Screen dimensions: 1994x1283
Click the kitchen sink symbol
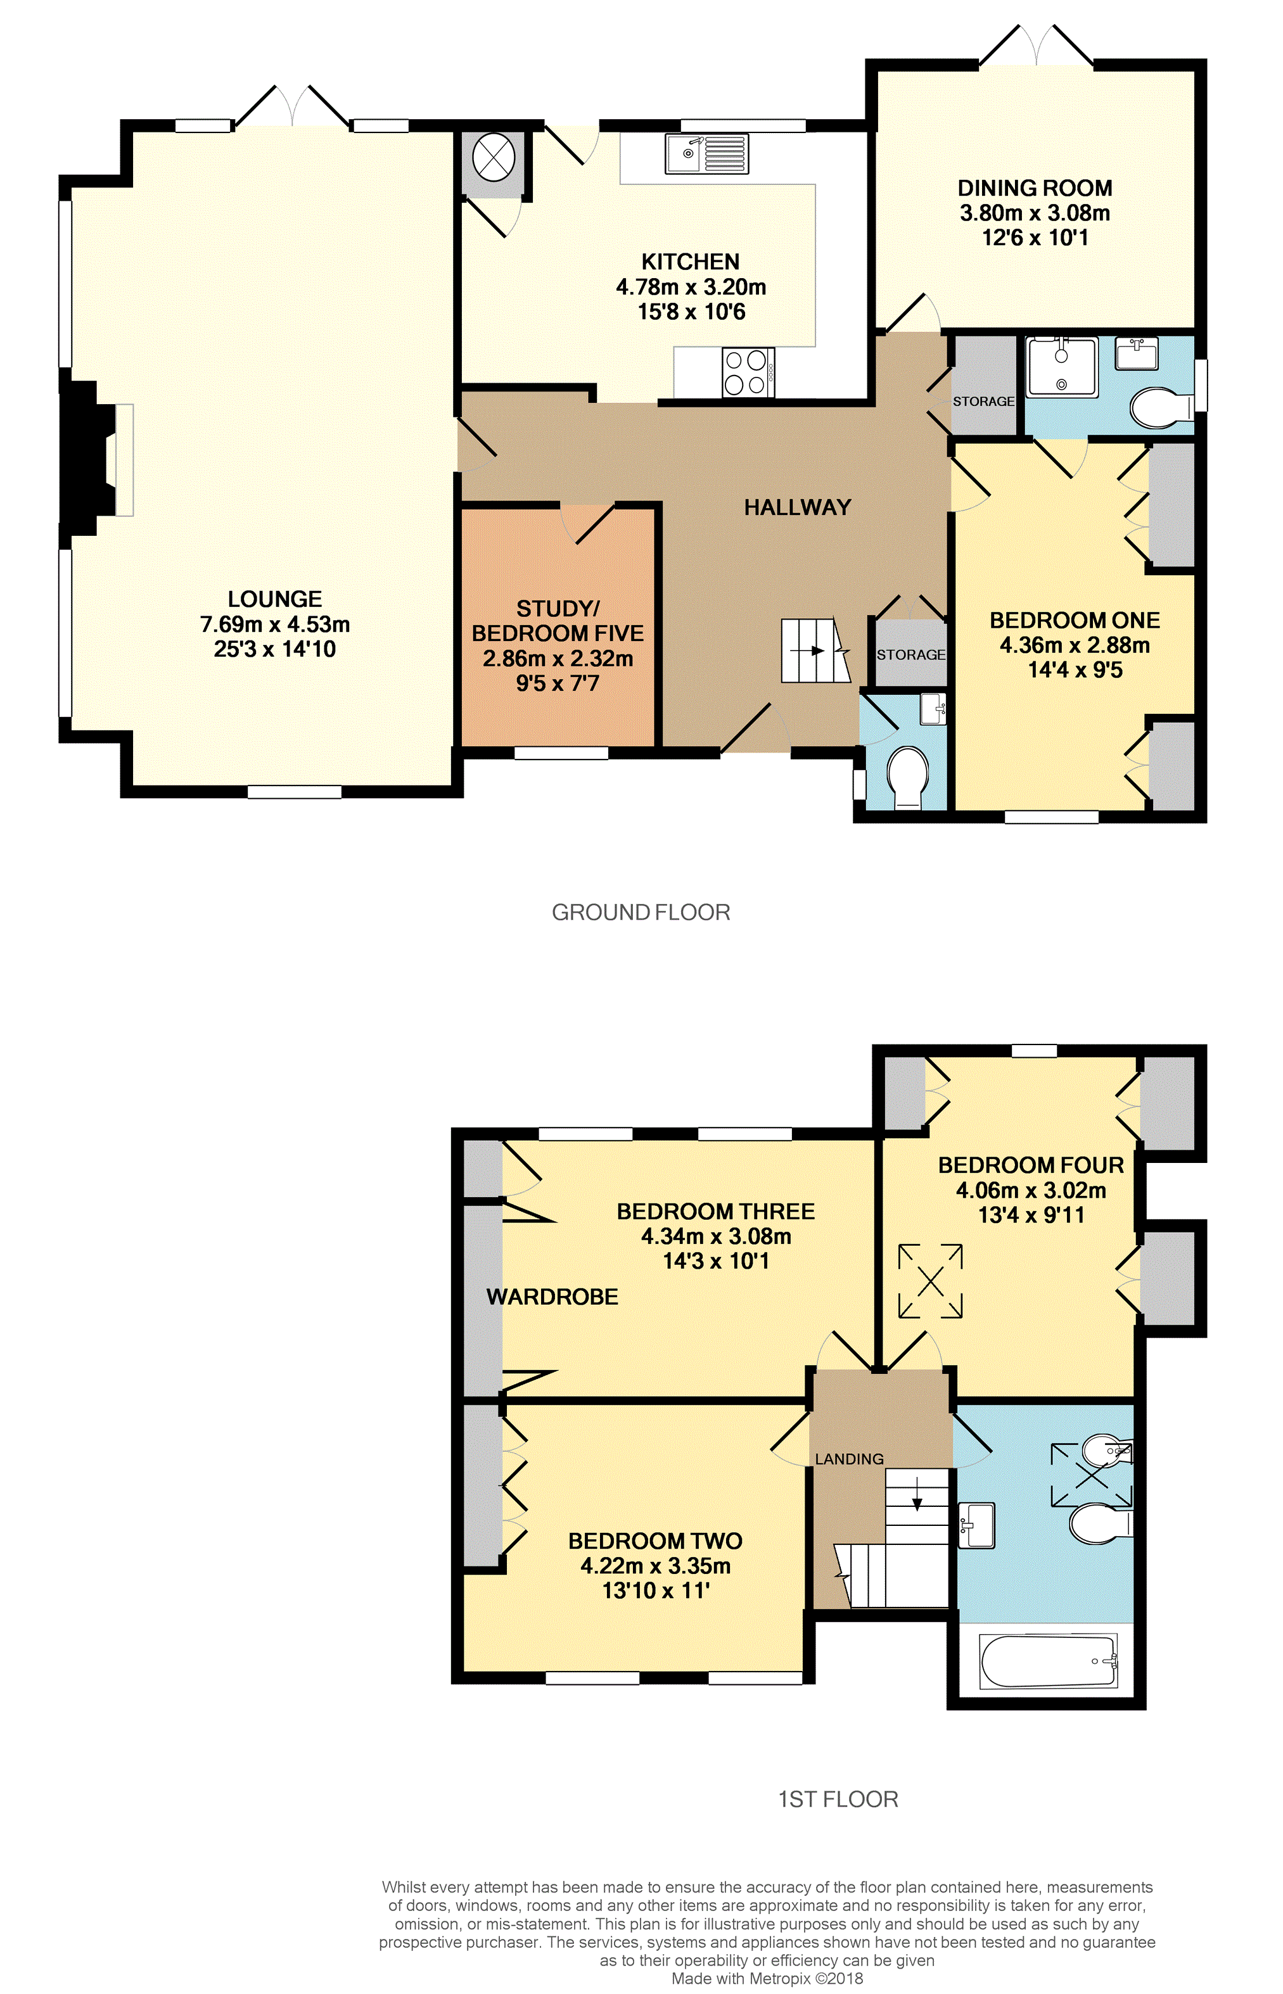pos(706,154)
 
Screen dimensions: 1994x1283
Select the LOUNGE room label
pos(274,599)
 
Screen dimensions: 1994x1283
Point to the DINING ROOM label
pos(1035,188)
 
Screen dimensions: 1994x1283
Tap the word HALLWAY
pos(797,507)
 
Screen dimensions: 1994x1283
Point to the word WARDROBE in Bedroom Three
pos(552,1297)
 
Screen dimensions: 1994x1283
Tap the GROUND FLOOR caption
pos(641,912)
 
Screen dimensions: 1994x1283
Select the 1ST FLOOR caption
pos(838,1800)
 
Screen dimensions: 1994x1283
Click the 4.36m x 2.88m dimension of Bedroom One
pos(1075,645)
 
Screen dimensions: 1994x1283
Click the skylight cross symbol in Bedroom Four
pos(929,1281)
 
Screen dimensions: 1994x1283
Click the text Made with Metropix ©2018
pos(767,1978)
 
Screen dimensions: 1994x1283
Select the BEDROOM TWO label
pos(655,1541)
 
